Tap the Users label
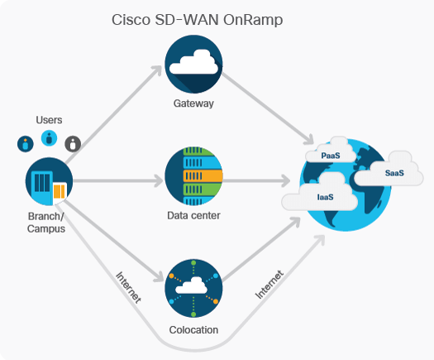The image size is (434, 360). (50, 120)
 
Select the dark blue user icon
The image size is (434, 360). (26, 143)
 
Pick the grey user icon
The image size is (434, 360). (74, 144)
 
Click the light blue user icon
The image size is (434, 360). (50, 137)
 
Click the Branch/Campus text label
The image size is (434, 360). (46, 223)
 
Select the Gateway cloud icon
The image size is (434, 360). (193, 64)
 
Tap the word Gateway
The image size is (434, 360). (193, 103)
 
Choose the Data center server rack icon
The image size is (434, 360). (193, 176)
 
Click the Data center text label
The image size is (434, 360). (193, 217)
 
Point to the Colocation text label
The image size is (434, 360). (193, 329)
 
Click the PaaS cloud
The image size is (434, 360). (331, 153)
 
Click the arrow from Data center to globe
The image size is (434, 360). (256, 178)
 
